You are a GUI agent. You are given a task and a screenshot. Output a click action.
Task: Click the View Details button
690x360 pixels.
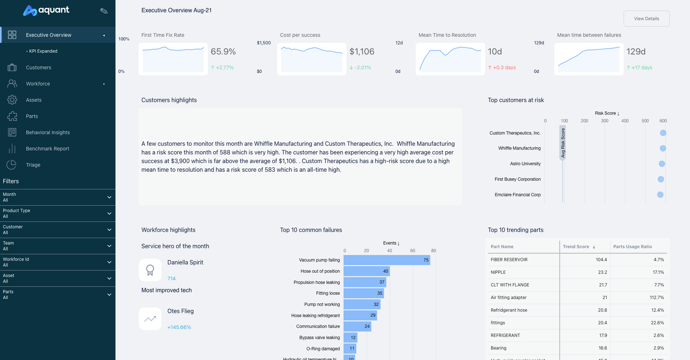click(x=646, y=19)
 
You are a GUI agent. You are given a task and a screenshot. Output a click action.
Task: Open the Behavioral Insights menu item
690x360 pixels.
click(x=48, y=132)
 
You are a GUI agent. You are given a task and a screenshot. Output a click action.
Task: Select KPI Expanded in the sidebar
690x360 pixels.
click(x=43, y=51)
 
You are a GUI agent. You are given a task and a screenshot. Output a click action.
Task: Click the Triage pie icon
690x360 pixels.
click(x=12, y=165)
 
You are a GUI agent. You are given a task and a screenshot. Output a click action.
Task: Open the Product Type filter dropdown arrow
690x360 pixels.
click(x=109, y=214)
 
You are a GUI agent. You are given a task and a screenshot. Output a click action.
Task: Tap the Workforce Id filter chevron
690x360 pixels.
click(x=109, y=262)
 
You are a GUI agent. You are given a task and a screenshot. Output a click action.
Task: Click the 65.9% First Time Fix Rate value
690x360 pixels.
click(x=223, y=52)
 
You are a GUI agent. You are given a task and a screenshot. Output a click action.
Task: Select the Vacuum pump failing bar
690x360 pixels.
click(x=386, y=260)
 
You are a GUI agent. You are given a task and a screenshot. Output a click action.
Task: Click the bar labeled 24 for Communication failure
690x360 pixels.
click(x=357, y=326)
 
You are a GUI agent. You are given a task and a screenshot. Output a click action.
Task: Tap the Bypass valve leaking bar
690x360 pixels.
click(x=350, y=338)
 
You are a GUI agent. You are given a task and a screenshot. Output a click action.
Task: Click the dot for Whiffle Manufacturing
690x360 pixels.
click(x=663, y=148)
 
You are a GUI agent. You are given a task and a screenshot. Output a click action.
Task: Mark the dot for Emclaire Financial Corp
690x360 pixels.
click(x=660, y=195)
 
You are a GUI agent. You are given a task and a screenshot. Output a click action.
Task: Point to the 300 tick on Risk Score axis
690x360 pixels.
click(x=604, y=121)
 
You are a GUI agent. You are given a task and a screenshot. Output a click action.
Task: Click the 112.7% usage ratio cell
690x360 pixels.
click(x=656, y=298)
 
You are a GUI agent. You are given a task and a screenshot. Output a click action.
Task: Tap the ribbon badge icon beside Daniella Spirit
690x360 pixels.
click(x=150, y=270)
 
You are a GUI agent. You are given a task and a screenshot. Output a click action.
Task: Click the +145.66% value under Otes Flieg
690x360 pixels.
click(x=179, y=327)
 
